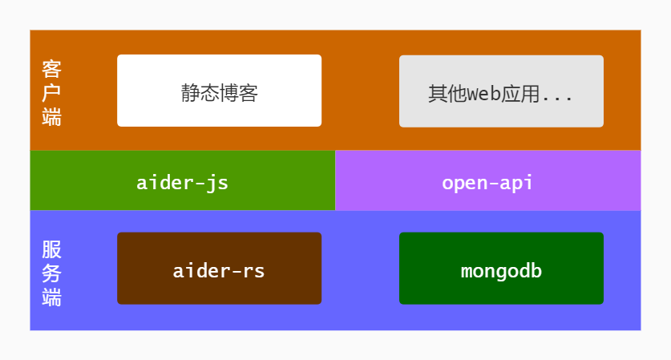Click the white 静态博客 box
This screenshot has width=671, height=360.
[219, 91]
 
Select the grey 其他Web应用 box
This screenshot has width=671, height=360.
[501, 91]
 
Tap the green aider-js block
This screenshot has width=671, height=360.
[183, 180]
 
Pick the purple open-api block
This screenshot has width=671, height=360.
[488, 180]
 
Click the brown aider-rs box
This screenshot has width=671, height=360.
[219, 269]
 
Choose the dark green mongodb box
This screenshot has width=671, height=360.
[501, 269]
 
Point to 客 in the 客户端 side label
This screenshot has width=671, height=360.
[52, 69]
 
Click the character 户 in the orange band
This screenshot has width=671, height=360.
[52, 93]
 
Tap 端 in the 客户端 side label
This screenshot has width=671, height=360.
[52, 117]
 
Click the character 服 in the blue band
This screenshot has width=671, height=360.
[52, 249]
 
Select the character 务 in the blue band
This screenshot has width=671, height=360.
[52, 273]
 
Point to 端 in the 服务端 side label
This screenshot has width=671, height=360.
[52, 297]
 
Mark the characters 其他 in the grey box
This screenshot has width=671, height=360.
[447, 94]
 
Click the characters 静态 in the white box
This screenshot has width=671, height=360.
[200, 93]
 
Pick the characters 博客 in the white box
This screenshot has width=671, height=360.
[238, 93]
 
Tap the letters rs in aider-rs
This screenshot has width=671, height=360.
[254, 271]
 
